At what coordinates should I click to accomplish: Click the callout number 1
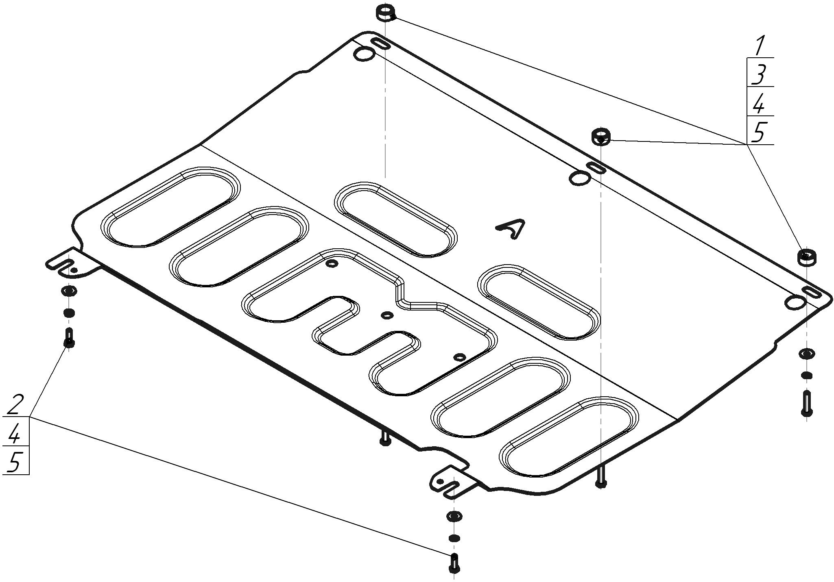pyautogui.click(x=759, y=46)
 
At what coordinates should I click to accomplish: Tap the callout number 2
pyautogui.click(x=14, y=404)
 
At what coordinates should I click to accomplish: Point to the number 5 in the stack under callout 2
pyautogui.click(x=15, y=461)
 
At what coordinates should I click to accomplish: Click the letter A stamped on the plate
pyautogui.click(x=511, y=229)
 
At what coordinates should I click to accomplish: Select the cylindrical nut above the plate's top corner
pyautogui.click(x=385, y=13)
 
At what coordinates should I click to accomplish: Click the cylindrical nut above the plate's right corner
pyautogui.click(x=807, y=256)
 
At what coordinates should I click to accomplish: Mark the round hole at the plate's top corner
pyautogui.click(x=365, y=54)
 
